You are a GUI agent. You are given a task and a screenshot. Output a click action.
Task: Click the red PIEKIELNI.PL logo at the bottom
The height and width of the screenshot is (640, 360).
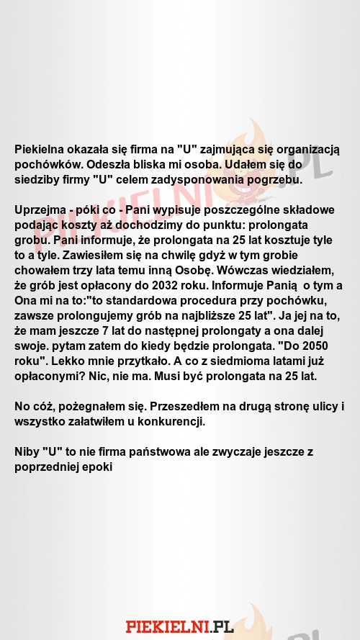[x=180, y=626]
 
